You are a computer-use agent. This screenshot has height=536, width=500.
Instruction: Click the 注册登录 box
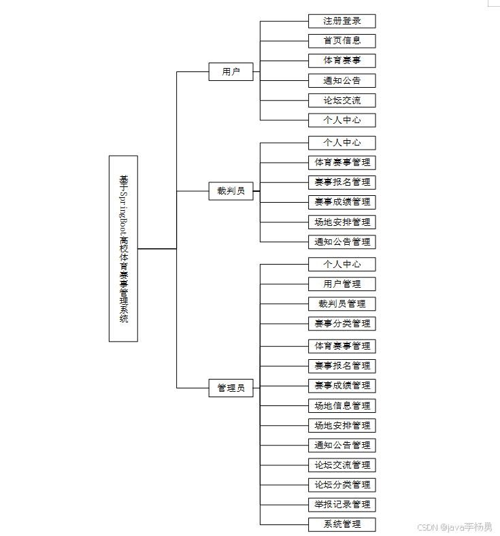coord(341,21)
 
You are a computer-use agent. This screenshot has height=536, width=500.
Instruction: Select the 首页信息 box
coord(341,41)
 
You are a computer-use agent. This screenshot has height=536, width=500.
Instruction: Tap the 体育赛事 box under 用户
coord(341,61)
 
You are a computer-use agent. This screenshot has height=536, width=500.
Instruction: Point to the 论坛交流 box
coord(341,101)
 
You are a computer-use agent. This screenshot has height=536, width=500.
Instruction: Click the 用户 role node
coord(231,71)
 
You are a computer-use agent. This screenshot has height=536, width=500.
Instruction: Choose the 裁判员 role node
coord(231,191)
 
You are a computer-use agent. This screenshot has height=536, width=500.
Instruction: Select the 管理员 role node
coord(231,388)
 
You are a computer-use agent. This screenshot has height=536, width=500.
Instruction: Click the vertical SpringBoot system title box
coord(123,249)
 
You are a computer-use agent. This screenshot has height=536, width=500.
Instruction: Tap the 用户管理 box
coord(341,284)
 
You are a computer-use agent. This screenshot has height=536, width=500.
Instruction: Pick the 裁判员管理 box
coord(341,304)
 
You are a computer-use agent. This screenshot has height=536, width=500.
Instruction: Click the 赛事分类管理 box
coord(341,324)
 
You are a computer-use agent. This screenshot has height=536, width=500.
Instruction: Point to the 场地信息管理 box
coord(341,406)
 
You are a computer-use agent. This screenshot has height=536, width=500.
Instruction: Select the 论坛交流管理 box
coord(341,465)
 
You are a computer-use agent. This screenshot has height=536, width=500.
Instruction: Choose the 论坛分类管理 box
coord(341,485)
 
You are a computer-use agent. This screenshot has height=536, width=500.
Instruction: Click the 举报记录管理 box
coord(341,505)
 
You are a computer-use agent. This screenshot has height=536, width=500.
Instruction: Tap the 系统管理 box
coord(341,524)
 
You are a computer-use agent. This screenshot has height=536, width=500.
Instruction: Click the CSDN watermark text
coord(454,526)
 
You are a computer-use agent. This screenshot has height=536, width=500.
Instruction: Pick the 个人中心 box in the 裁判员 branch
coord(341,143)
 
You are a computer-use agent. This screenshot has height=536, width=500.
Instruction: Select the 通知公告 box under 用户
coord(341,81)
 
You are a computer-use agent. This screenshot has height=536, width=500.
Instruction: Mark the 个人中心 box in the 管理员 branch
coord(341,265)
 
